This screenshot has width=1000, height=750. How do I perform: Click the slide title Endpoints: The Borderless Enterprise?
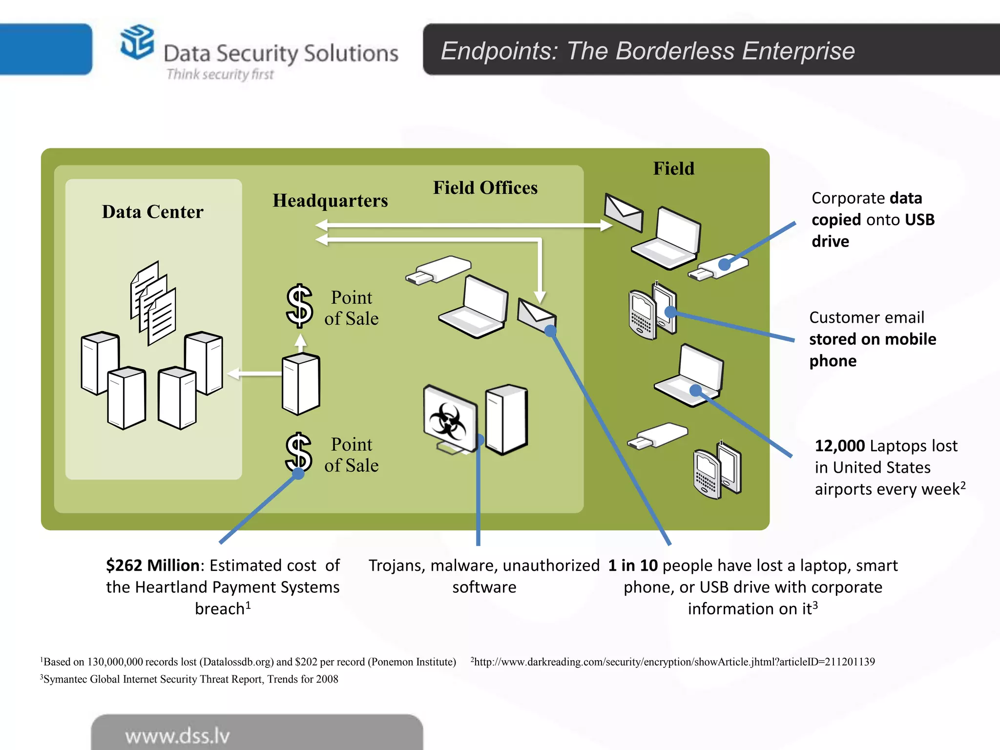click(x=647, y=51)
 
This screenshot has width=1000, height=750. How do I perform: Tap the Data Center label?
click(x=152, y=211)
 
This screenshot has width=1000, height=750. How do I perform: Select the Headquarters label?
click(x=330, y=200)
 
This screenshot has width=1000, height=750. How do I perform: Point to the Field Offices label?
click(x=485, y=188)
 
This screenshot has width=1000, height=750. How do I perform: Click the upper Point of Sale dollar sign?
click(x=299, y=306)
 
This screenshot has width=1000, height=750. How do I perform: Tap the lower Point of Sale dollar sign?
click(x=298, y=452)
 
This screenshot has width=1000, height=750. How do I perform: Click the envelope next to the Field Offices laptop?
click(x=536, y=315)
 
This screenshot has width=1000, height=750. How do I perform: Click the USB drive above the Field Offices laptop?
click(x=438, y=270)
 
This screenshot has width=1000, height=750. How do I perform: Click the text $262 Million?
click(x=152, y=565)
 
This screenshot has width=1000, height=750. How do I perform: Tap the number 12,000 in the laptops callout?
click(x=839, y=446)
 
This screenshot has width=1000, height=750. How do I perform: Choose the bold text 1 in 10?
click(x=633, y=565)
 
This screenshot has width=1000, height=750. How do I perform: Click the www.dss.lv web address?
click(x=177, y=736)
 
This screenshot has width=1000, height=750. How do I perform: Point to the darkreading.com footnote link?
click(x=674, y=662)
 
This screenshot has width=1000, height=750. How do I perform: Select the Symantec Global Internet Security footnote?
click(x=190, y=679)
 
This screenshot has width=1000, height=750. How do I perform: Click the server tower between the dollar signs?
click(x=301, y=384)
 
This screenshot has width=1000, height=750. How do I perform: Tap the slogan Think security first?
click(x=220, y=74)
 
